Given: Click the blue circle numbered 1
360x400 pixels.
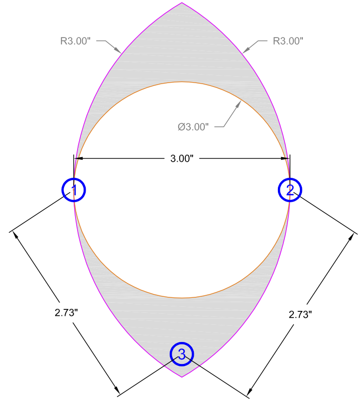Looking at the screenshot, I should (x=74, y=190).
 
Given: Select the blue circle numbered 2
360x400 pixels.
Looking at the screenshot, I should (x=290, y=190).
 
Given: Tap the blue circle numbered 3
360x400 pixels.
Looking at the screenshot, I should (x=182, y=354).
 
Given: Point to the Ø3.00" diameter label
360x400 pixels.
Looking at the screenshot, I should (x=193, y=127).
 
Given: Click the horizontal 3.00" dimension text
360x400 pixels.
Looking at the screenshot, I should (x=182, y=159).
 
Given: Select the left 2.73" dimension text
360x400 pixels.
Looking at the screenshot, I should (x=67, y=313).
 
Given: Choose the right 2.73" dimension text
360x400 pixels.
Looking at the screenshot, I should (x=300, y=315).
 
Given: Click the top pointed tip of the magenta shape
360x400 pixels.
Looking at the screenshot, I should (x=182, y=3).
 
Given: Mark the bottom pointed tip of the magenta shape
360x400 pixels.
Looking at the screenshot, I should (x=182, y=376).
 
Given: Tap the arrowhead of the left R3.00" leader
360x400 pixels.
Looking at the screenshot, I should (x=120, y=51).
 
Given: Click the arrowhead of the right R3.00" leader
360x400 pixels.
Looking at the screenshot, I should (x=244, y=51).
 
